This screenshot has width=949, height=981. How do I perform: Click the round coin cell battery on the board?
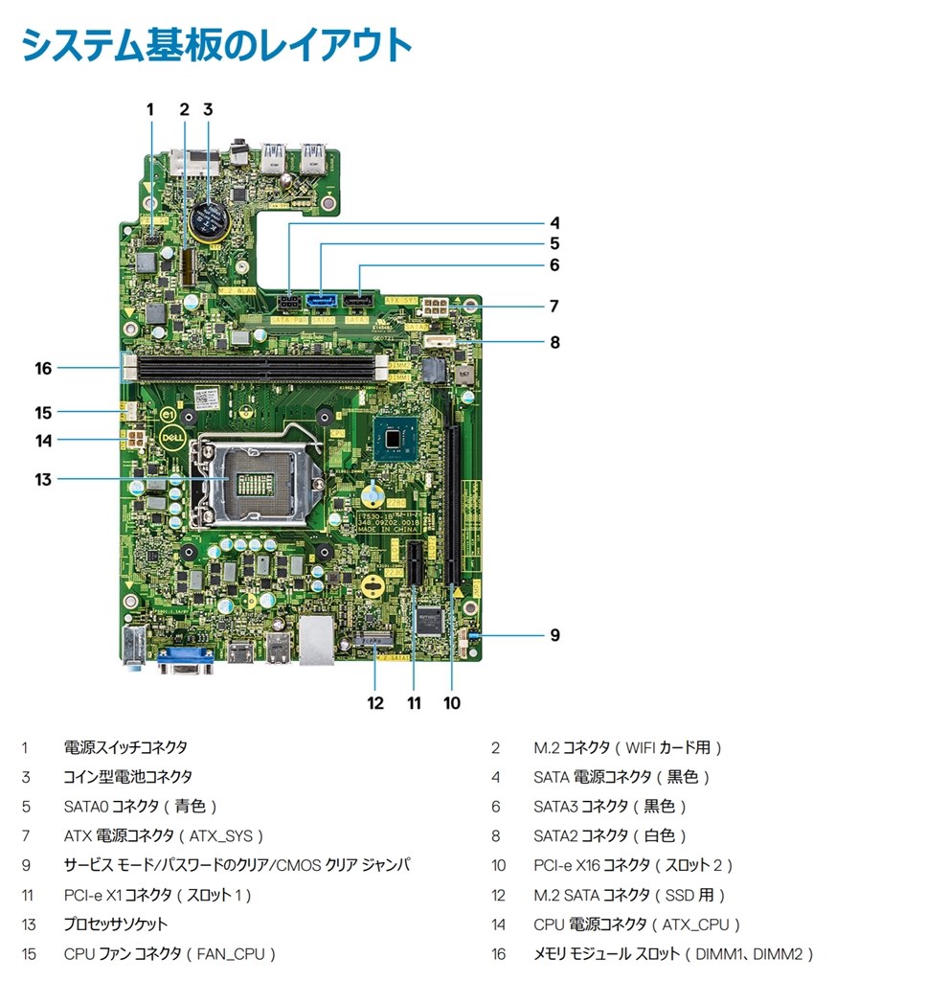click(206, 219)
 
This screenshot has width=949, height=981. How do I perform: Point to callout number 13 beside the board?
click(42, 479)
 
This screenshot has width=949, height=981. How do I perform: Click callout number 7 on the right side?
click(554, 307)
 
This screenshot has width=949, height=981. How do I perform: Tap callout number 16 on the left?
click(42, 368)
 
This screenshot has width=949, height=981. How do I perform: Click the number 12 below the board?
click(375, 703)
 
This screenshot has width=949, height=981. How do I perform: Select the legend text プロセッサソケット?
click(115, 924)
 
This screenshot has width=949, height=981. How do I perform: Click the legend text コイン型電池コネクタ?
click(127, 777)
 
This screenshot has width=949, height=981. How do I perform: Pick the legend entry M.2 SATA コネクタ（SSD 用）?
click(629, 896)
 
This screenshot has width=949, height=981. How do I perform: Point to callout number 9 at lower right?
click(554, 635)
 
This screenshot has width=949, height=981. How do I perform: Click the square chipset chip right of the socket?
click(396, 438)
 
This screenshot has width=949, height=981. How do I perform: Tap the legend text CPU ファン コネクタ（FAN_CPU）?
click(169, 954)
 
